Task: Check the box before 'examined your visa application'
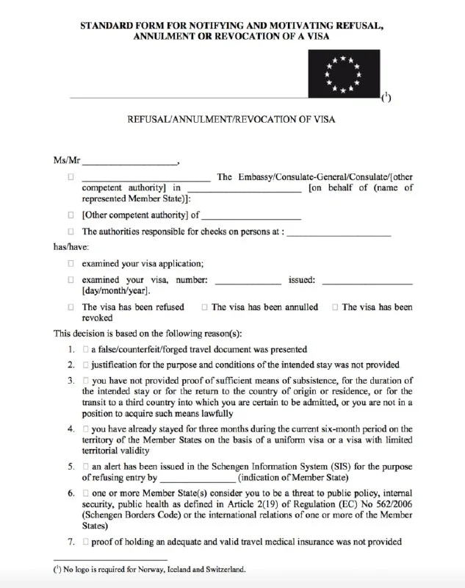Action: coord(71,263)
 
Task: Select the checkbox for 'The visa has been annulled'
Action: coord(204,307)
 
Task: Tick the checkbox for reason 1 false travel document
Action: coord(86,350)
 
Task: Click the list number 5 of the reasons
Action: coord(71,467)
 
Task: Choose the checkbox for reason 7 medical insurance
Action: coord(86,542)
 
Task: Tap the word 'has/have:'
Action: coord(71,248)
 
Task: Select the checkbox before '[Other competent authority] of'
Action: coord(71,215)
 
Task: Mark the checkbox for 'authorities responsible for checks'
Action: coord(71,232)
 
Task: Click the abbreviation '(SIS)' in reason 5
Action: coord(336,467)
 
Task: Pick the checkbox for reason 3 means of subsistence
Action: coord(86,381)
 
